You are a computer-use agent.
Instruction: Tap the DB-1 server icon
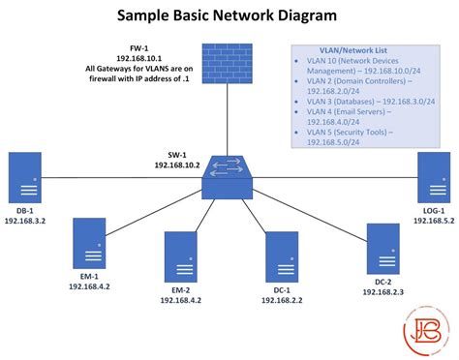coord(25,178)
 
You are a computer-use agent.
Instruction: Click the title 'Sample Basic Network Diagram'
coord(228,16)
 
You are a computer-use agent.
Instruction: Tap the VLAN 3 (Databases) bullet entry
coord(369,102)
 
